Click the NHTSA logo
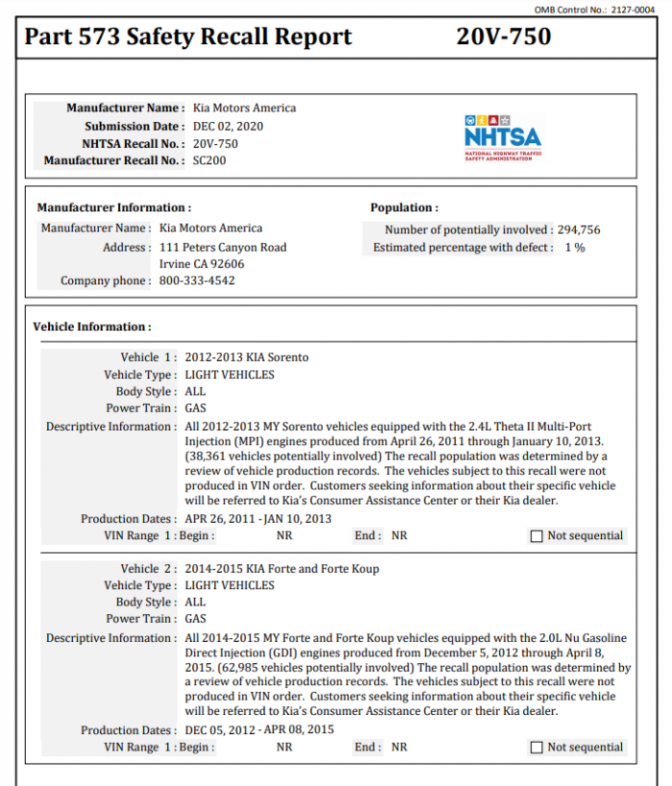point(502,137)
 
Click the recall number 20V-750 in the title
point(503,37)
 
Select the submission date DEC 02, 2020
point(228,126)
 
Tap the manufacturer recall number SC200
point(209,160)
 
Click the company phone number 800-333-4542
point(197,281)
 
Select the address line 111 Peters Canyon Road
point(223,247)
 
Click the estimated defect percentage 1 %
point(574,247)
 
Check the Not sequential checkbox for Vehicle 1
point(537,536)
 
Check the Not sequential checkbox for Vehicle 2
point(537,748)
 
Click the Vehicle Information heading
point(92,326)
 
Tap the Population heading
point(404,207)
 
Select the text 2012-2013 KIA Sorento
point(247,357)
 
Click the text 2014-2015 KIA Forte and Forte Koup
point(281,568)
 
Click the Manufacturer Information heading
point(113,207)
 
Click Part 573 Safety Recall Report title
point(188,37)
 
